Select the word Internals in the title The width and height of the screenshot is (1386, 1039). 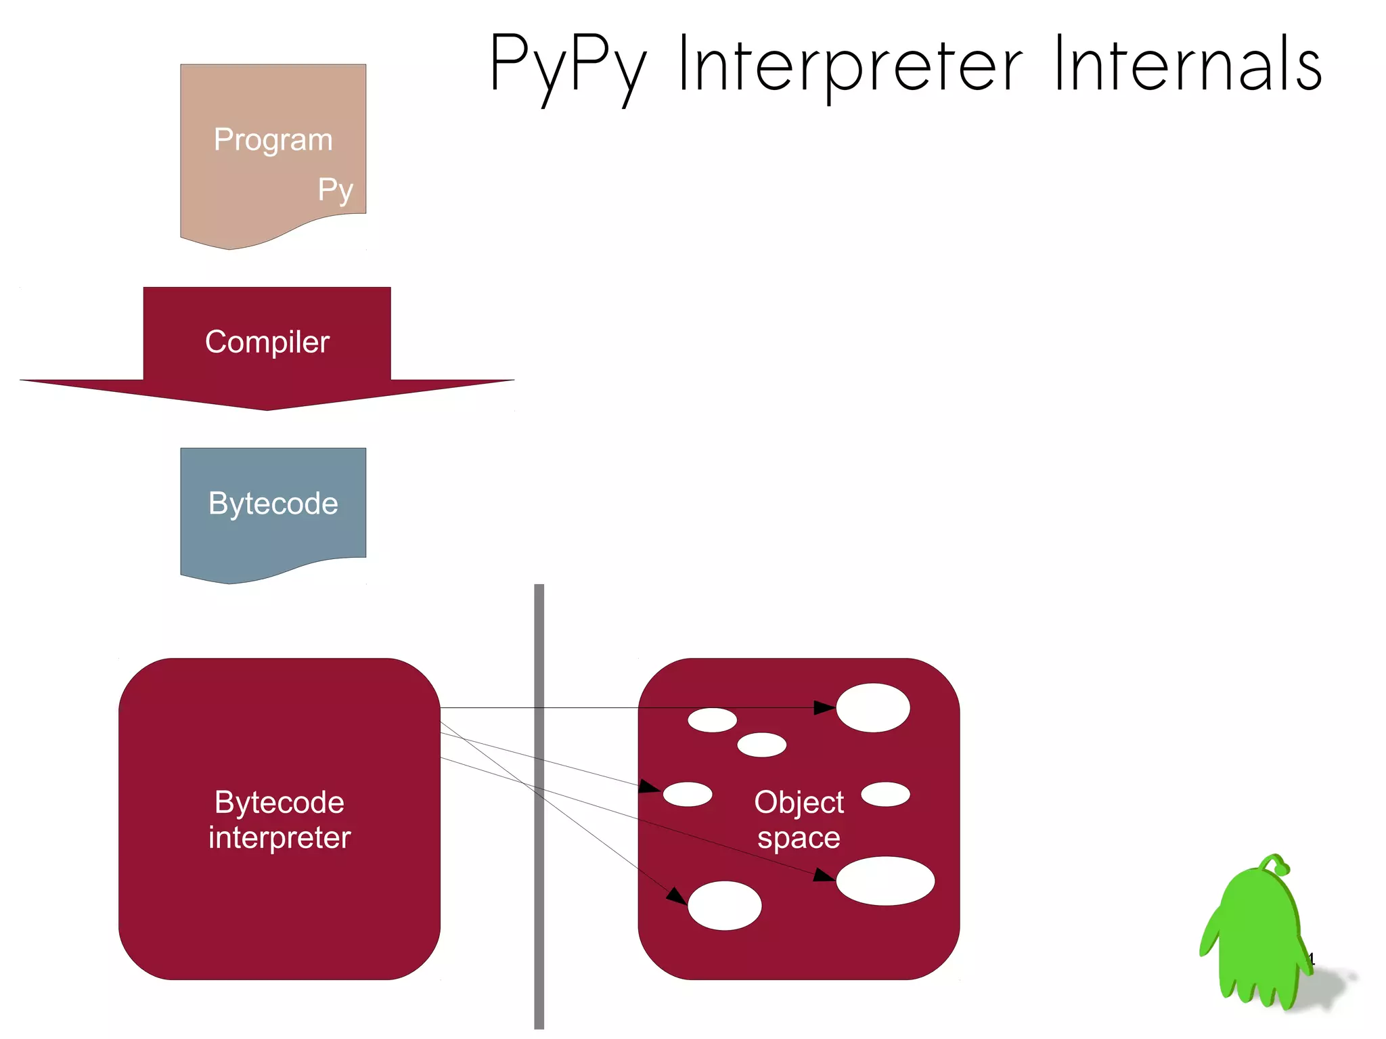click(1188, 64)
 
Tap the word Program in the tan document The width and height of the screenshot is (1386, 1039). click(273, 139)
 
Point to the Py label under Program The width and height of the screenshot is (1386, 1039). click(336, 190)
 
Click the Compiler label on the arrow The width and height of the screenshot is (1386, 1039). click(267, 342)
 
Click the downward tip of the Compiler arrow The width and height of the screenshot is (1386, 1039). click(267, 407)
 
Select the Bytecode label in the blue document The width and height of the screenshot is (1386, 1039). click(273, 503)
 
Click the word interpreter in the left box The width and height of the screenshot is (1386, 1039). click(279, 838)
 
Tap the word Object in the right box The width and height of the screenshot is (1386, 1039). click(799, 803)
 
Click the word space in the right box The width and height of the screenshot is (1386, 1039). click(799, 838)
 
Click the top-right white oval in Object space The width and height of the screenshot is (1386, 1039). click(873, 707)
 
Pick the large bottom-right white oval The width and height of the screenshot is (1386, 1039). click(885, 881)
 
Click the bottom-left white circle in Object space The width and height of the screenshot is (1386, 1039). click(724, 906)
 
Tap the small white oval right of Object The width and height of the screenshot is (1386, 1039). click(885, 794)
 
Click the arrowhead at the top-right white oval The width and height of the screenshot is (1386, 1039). click(825, 707)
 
